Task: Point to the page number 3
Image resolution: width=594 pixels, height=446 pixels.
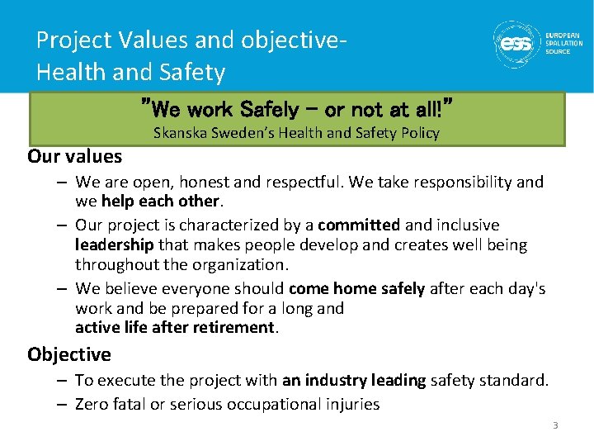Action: coord(555,425)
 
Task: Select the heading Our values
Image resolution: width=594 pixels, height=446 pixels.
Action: coord(74,156)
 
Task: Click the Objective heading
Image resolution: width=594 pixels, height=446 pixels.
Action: coord(68,354)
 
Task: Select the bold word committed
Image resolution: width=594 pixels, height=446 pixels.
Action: coord(358,225)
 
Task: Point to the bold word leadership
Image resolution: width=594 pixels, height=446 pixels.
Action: coord(114,244)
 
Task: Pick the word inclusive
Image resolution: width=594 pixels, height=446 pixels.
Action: coord(467,225)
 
